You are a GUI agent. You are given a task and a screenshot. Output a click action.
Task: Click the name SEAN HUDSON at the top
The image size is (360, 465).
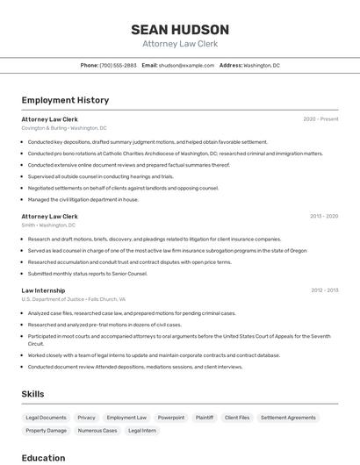click(180, 30)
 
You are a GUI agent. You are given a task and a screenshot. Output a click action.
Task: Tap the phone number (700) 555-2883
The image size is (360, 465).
click(118, 65)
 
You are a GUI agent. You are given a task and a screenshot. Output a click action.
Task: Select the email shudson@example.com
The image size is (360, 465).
click(186, 65)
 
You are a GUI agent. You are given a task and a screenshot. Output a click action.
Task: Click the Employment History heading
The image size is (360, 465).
click(65, 100)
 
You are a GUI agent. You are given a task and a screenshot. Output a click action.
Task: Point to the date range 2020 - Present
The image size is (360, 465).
click(320, 119)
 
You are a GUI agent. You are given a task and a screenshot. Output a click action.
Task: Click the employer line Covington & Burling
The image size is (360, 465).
click(64, 128)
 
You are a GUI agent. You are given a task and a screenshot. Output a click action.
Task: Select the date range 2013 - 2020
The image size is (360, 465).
click(324, 216)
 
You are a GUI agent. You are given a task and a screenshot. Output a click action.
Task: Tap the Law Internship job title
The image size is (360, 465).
click(44, 290)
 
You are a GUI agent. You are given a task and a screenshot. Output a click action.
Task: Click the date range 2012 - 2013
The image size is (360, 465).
click(324, 290)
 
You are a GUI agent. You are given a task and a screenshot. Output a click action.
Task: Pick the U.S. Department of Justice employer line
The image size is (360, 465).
click(73, 299)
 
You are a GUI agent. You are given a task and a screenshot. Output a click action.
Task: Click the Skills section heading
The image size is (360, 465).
click(32, 394)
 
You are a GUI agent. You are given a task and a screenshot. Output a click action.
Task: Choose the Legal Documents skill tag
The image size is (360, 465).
click(46, 418)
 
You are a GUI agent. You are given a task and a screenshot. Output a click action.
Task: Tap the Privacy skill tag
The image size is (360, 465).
click(86, 418)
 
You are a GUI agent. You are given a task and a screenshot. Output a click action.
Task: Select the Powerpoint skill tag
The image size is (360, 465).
click(171, 418)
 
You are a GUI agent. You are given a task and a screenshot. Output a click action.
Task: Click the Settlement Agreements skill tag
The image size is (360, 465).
click(288, 418)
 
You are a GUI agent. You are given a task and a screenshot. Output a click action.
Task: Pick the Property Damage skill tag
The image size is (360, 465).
click(46, 431)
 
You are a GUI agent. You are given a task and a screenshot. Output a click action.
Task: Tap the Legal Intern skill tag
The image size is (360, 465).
click(142, 431)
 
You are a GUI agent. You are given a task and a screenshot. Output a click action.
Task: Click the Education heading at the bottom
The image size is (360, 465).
click(43, 457)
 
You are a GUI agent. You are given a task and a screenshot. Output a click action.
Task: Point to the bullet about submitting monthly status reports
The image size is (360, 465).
click(87, 273)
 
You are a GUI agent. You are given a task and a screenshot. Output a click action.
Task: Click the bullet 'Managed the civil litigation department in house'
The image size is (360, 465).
click(83, 199)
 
